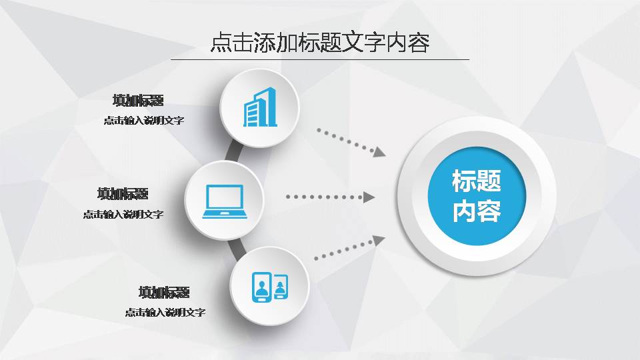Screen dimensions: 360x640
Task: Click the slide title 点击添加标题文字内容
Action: [319, 42]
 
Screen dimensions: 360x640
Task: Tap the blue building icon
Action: [260, 107]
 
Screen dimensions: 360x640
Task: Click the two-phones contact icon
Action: [270, 287]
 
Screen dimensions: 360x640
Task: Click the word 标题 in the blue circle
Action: [476, 181]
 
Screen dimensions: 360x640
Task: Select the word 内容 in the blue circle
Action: [476, 212]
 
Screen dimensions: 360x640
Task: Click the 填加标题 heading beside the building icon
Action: [138, 101]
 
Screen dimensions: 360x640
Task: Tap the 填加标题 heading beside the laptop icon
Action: [123, 194]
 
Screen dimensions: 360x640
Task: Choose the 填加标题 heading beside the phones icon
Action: [164, 293]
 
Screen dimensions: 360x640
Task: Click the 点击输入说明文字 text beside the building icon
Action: [143, 121]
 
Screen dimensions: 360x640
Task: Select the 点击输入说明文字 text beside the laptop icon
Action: [123, 215]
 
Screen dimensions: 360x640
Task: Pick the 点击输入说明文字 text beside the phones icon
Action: [165, 312]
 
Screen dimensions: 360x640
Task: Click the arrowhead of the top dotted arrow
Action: [380, 152]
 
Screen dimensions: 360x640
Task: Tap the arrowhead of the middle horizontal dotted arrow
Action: [369, 197]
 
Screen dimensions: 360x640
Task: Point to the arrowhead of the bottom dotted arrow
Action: [379, 241]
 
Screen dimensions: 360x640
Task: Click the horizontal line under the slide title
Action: [320, 59]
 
